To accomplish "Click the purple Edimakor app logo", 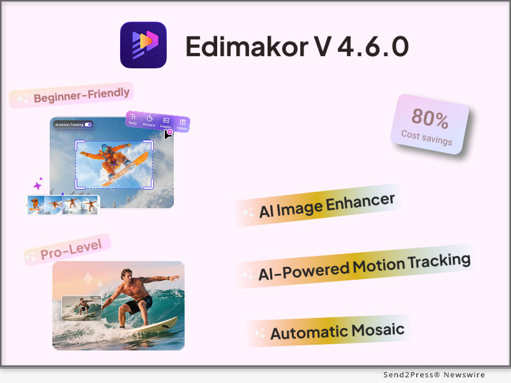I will point(143,45).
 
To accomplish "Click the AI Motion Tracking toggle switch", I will point(88,124).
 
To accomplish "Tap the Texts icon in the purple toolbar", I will point(133,119).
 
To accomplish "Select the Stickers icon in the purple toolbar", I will point(149,120).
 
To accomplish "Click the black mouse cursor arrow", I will point(167,135).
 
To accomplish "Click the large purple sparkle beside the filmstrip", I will point(37,186).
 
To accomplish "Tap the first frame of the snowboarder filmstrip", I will point(36,204).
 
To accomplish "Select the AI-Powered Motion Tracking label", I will point(364,267).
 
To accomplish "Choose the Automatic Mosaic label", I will point(337,331).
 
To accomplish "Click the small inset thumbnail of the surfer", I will point(80,308).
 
